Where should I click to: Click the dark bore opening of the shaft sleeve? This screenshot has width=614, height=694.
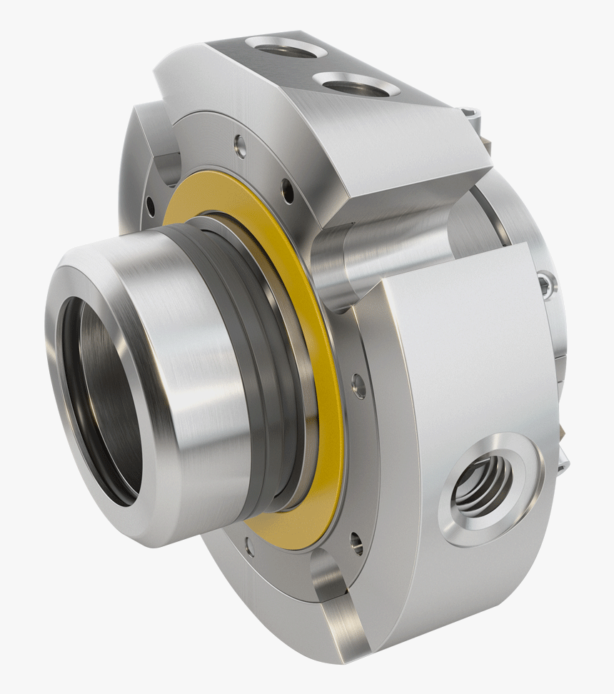100,400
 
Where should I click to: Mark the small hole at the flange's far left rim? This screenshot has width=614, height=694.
150,207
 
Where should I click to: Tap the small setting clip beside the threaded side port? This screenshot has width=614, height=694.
564,457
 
